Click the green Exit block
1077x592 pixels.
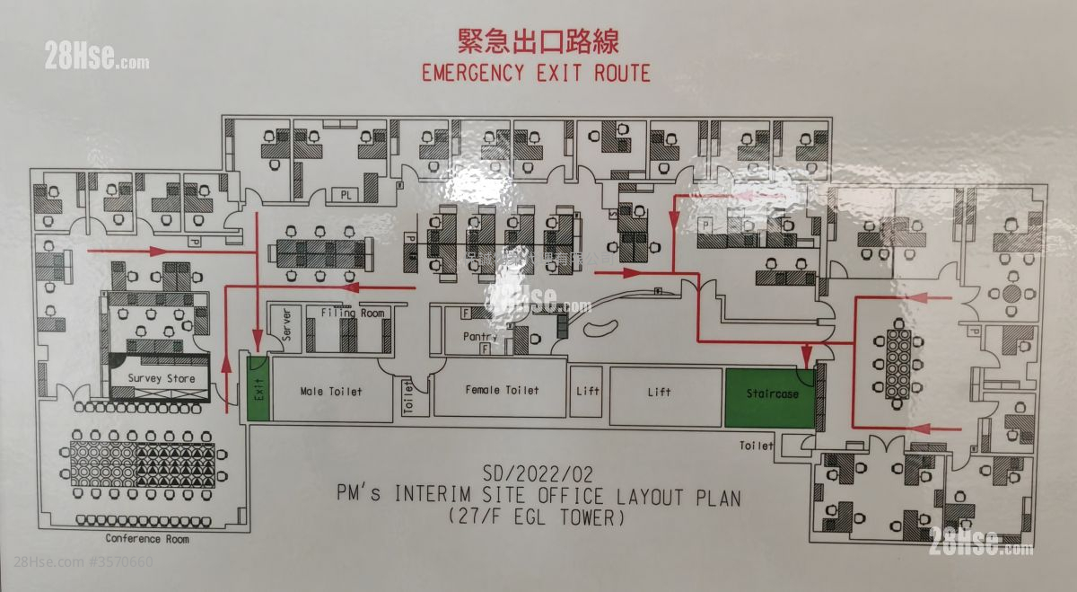[x=258, y=388]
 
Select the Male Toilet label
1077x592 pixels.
[x=331, y=392]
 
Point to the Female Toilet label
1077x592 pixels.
[x=502, y=390]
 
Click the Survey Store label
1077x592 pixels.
[x=161, y=379]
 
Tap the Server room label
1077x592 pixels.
[x=287, y=325]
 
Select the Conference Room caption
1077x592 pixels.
[x=147, y=539]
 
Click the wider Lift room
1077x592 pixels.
[x=666, y=393]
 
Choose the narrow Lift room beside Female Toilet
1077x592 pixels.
[x=587, y=391]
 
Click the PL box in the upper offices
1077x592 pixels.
[x=346, y=194]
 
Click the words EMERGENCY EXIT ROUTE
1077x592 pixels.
[x=536, y=73]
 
